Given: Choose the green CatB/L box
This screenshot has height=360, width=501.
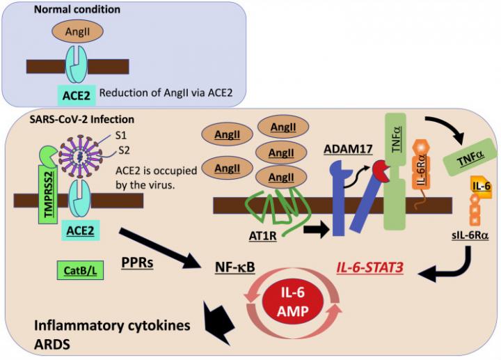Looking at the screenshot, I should [81, 270].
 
